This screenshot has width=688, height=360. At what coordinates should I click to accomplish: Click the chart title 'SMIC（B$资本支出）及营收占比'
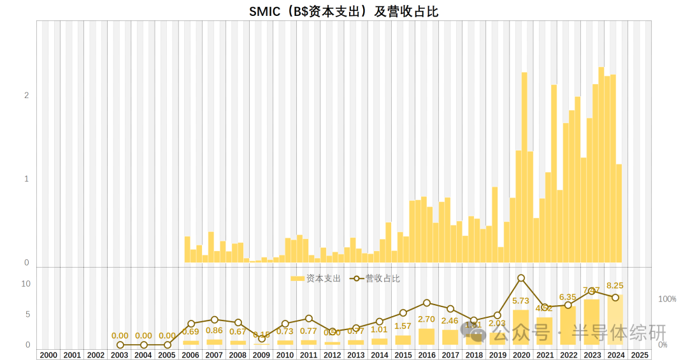pyautogui.click(x=343, y=11)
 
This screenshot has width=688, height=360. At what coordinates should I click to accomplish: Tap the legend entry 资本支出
pyautogui.click(x=316, y=278)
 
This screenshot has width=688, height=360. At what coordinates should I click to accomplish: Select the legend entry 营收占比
pyautogui.click(x=376, y=278)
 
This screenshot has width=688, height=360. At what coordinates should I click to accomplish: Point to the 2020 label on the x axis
pyautogui.click(x=521, y=355)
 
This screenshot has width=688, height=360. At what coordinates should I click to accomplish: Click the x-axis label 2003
pyautogui.click(x=120, y=355)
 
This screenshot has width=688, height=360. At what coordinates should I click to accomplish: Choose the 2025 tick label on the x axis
pyautogui.click(x=639, y=355)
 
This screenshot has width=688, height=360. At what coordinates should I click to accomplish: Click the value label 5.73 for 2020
pyautogui.click(x=521, y=301)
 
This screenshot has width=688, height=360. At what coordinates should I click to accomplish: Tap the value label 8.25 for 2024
pyautogui.click(x=615, y=286)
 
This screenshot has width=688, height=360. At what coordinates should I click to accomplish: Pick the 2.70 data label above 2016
pyautogui.click(x=427, y=319)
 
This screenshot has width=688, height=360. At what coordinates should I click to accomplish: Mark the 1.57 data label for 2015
pyautogui.click(x=403, y=326)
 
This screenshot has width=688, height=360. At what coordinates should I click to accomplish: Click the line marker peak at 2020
pyautogui.click(x=521, y=278)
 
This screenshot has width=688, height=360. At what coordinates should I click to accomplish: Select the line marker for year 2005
pyautogui.click(x=167, y=345)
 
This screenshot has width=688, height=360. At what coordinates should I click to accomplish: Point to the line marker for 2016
pyautogui.click(x=427, y=303)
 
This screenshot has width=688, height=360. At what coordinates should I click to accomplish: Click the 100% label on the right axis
pyautogui.click(x=667, y=299)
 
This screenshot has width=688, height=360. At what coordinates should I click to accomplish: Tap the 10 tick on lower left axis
pyautogui.click(x=25, y=284)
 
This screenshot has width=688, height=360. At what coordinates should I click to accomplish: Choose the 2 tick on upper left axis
pyautogui.click(x=27, y=96)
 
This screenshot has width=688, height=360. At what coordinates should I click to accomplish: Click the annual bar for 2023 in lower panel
pyautogui.click(x=592, y=322)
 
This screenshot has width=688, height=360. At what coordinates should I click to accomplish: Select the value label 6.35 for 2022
pyautogui.click(x=568, y=297)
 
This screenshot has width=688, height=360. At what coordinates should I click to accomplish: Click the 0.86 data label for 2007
pyautogui.click(x=214, y=331)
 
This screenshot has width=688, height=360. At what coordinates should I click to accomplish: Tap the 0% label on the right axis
pyautogui.click(x=663, y=345)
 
